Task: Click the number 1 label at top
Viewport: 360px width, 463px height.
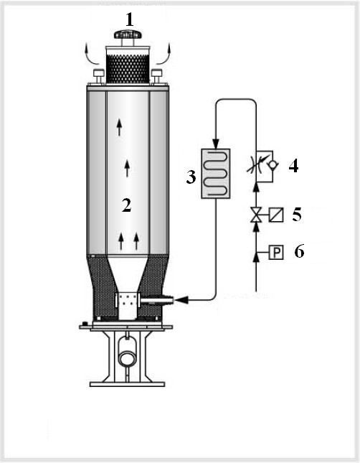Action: pyautogui.click(x=130, y=20)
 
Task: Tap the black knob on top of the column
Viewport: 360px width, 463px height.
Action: pyautogui.click(x=128, y=34)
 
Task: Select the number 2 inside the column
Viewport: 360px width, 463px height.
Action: pyautogui.click(x=127, y=205)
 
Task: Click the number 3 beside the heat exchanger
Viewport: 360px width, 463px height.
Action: pyautogui.click(x=191, y=177)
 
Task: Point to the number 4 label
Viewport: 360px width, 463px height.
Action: pyautogui.click(x=293, y=166)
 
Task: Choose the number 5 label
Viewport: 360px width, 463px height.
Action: pyautogui.click(x=297, y=215)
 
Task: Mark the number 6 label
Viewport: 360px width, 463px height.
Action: pyautogui.click(x=299, y=252)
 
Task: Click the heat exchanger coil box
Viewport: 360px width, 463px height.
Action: pyautogui.click(x=216, y=174)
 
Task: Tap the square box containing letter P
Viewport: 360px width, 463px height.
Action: pyautogui.click(x=276, y=253)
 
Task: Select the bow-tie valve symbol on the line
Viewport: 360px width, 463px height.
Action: pyautogui.click(x=256, y=215)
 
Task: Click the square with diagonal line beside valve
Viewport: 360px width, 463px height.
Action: pyautogui.click(x=276, y=215)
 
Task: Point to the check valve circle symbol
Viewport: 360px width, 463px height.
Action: pyautogui.click(x=272, y=164)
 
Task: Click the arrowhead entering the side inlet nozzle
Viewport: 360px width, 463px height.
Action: pyautogui.click(x=181, y=300)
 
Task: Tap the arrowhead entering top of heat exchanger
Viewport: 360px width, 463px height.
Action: pyautogui.click(x=216, y=144)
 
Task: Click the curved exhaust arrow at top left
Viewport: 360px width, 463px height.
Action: pyautogui.click(x=92, y=56)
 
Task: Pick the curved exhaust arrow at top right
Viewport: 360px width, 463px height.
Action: pyautogui.click(x=164, y=55)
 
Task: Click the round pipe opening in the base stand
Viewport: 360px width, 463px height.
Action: pyautogui.click(x=127, y=357)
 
